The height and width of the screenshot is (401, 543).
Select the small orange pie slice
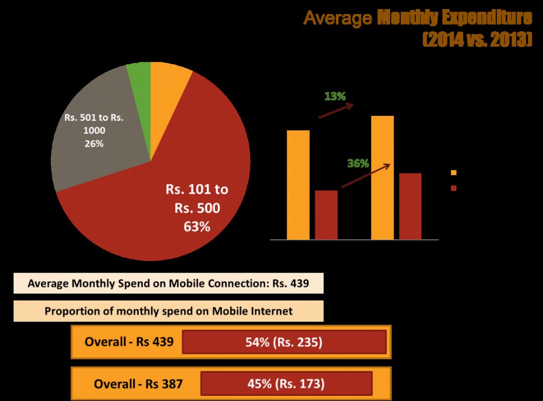coord(168,78)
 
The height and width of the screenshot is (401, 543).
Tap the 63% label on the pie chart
coord(197,227)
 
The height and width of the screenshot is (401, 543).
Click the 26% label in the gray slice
coord(94,144)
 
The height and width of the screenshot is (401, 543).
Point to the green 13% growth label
coord(335,96)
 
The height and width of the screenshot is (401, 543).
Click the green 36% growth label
coord(358,164)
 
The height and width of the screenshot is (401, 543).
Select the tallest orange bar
coord(382,178)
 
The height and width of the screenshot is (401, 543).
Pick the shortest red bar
coord(326,215)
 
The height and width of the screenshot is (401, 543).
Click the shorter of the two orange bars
coord(298,185)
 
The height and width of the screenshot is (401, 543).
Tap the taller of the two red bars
coord(410,206)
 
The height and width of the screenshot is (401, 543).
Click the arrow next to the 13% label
coord(336,111)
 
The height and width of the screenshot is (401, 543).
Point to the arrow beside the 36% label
coord(366,176)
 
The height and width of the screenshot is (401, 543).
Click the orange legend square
coord(454,173)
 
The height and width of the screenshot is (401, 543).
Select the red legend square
coord(454,188)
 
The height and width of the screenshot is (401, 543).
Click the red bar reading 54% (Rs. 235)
coord(284,342)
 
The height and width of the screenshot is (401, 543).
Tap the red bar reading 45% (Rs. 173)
coord(286,384)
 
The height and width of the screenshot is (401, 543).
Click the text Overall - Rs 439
coord(129,342)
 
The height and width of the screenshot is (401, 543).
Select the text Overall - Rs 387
coord(138,384)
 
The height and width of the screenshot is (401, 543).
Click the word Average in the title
coord(337,19)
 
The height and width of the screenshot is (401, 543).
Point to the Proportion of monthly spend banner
coord(168,311)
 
